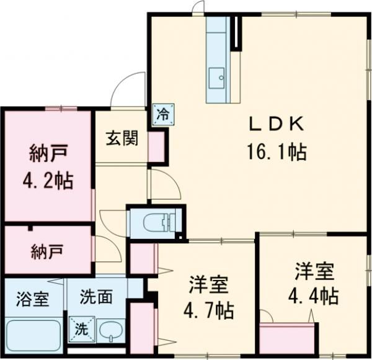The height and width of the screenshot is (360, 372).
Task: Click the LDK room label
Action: (277, 124)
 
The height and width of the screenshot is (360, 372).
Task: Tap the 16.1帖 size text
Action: (277, 151)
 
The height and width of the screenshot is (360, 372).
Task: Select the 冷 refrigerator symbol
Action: (164, 114)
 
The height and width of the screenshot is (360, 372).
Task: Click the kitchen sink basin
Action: (216, 78)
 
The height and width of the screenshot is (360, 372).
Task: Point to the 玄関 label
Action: (122, 138)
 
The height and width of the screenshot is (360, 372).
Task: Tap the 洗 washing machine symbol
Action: (81, 330)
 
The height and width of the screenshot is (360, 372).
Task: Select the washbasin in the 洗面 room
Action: (111, 331)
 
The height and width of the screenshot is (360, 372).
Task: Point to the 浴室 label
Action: (33, 299)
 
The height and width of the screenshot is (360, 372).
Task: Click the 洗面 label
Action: (96, 297)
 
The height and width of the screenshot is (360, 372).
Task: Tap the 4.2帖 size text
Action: (48, 181)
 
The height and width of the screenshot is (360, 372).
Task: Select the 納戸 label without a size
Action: (47, 252)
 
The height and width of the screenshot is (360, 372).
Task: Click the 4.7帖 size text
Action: (209, 310)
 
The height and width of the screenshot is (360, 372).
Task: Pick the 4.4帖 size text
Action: (313, 296)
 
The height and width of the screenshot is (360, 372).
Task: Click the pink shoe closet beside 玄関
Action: (156, 146)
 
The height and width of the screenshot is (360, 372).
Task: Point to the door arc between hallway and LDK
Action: (171, 178)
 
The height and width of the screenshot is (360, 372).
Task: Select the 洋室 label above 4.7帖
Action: (209, 285)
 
